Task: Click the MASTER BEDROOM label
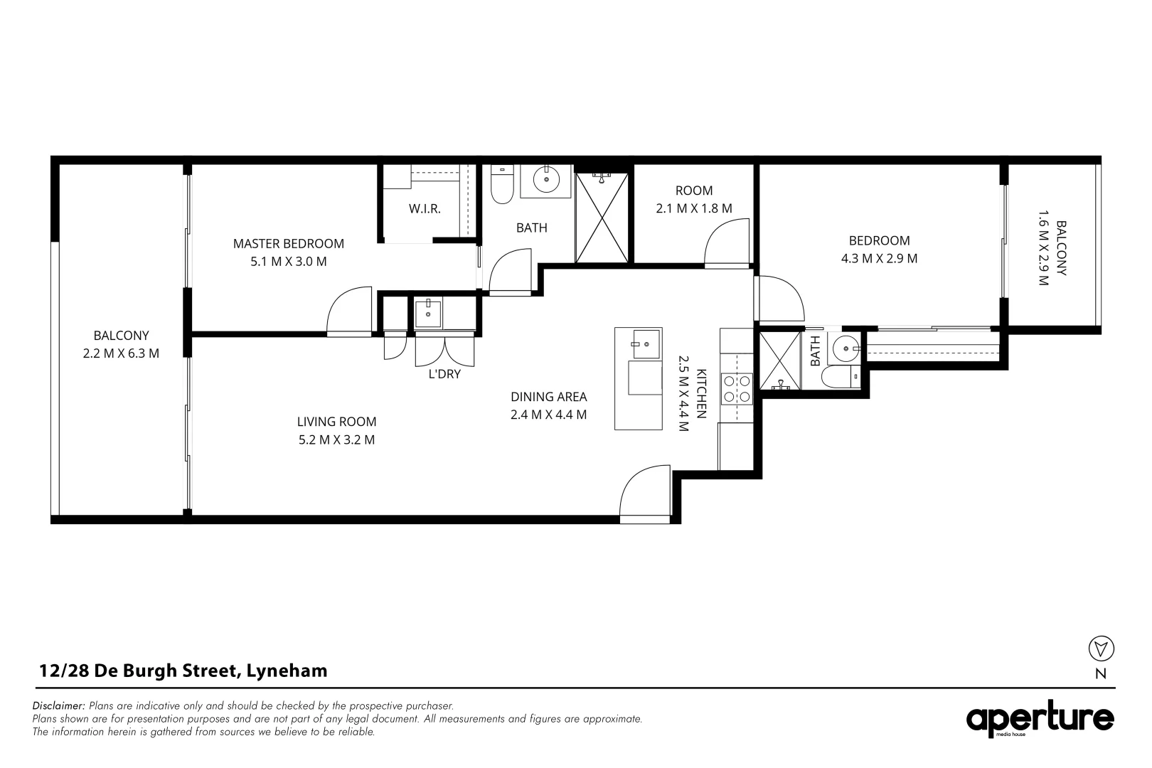288,244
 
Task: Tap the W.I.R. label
425,209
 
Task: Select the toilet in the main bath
502,186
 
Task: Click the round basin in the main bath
546,181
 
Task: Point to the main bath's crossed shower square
602,218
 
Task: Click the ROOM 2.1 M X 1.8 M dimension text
693,209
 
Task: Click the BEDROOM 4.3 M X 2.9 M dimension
879,259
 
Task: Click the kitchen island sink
646,344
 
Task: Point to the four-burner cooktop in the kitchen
737,388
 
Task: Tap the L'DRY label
444,374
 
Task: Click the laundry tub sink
428,314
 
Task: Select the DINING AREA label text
548,397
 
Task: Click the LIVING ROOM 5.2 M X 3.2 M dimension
336,440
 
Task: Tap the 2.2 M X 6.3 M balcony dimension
121,353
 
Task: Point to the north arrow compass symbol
1101,649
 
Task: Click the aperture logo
1039,720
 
